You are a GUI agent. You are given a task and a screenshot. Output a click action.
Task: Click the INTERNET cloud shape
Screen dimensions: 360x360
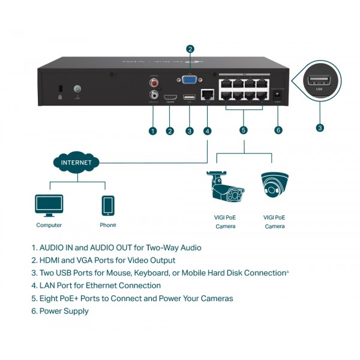coord(77,162)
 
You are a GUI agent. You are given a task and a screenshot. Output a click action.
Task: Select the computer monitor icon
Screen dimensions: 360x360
coord(49,205)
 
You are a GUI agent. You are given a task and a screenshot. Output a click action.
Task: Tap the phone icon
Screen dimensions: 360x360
coord(108,205)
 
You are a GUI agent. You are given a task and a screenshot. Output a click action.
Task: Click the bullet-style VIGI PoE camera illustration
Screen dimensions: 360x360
coord(225,187)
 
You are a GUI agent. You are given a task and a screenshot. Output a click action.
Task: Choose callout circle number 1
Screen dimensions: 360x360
coord(153,130)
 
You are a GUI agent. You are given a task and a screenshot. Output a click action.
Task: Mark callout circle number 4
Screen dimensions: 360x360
coord(207,130)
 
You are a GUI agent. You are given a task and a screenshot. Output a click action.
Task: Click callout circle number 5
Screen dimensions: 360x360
coord(243,130)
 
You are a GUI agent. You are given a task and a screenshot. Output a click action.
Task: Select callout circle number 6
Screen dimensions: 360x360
coord(278,130)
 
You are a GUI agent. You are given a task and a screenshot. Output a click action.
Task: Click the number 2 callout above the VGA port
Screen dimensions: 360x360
coord(190,49)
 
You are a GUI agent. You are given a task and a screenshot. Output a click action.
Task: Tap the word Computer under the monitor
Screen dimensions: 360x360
coord(49,225)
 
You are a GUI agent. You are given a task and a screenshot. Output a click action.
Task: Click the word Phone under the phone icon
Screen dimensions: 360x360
coord(108,225)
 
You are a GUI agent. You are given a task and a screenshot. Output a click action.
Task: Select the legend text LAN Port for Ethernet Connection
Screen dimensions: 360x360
coord(96,286)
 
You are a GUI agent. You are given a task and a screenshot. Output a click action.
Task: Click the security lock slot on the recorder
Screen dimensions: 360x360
coord(60,89)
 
